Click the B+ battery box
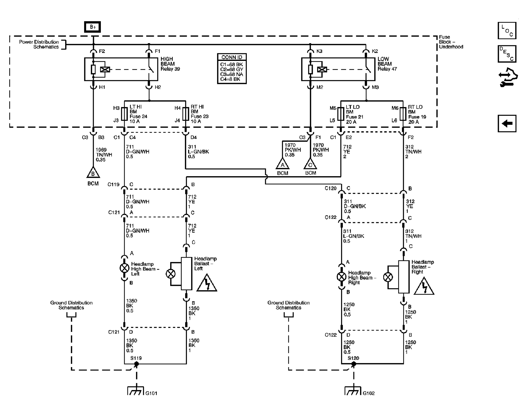(x=92, y=27)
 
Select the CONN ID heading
(x=232, y=57)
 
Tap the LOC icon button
(x=507, y=30)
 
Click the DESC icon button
(x=507, y=54)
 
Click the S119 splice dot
(x=137, y=364)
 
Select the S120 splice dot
(x=354, y=364)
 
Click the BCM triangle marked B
(x=93, y=172)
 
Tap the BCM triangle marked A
(x=283, y=164)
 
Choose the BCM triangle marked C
(x=310, y=164)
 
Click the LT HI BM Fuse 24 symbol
(x=124, y=114)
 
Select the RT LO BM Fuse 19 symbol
(x=403, y=114)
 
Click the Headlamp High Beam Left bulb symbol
(x=124, y=268)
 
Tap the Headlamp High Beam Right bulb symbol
(x=341, y=277)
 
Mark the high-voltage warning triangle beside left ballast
(x=207, y=283)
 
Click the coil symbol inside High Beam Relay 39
(x=105, y=69)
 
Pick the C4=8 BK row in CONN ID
(x=230, y=79)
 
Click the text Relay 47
(x=387, y=69)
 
